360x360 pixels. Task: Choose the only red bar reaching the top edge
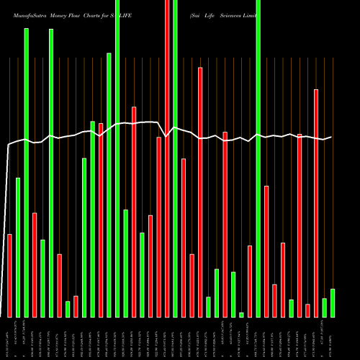168,158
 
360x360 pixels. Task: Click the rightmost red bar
316,203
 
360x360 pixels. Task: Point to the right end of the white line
331,137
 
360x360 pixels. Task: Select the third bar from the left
26,173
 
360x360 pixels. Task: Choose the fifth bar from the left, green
42,278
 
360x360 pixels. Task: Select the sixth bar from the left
50,173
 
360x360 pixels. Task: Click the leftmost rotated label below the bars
9,338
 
